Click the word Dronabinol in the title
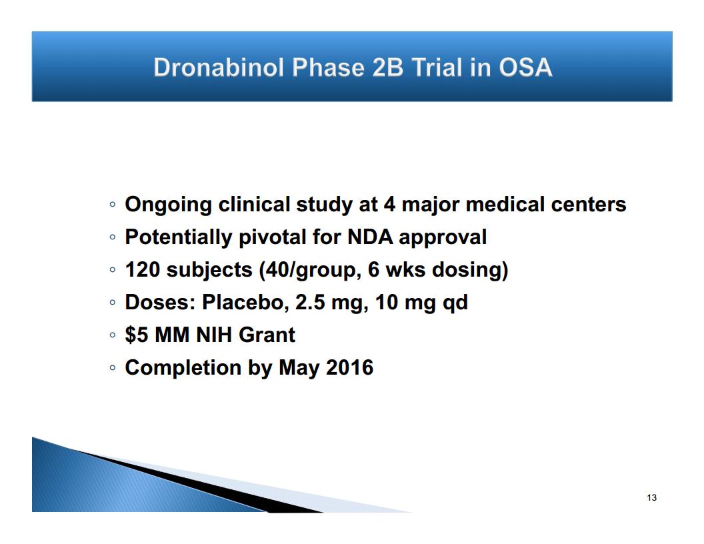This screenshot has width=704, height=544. tap(219, 68)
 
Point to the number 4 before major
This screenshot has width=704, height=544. tap(389, 204)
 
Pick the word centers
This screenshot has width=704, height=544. tap(589, 204)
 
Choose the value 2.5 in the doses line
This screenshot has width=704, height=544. tap(310, 302)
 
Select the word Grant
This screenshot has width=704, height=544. tap(267, 335)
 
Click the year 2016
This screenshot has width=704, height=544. tap(349, 367)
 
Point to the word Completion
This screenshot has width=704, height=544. tap(183, 368)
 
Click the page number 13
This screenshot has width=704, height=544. tap(652, 497)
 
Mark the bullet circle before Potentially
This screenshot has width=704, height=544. tap(112, 237)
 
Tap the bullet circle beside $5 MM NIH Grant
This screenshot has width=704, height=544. tap(112, 335)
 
